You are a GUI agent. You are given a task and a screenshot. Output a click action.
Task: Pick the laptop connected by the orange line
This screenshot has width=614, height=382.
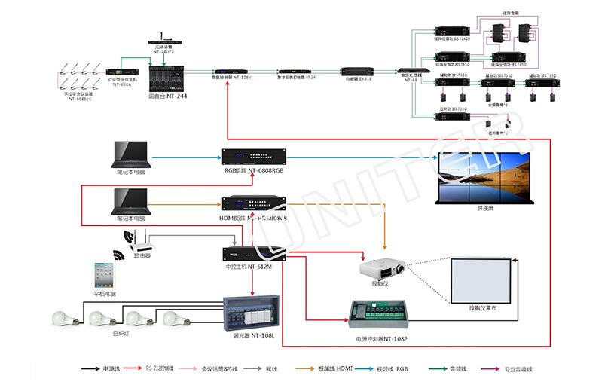pos(130,201)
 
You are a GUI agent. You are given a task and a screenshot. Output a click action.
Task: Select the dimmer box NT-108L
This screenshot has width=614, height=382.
pos(252,316)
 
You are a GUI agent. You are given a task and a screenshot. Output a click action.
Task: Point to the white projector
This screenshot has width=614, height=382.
pos(383,269)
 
